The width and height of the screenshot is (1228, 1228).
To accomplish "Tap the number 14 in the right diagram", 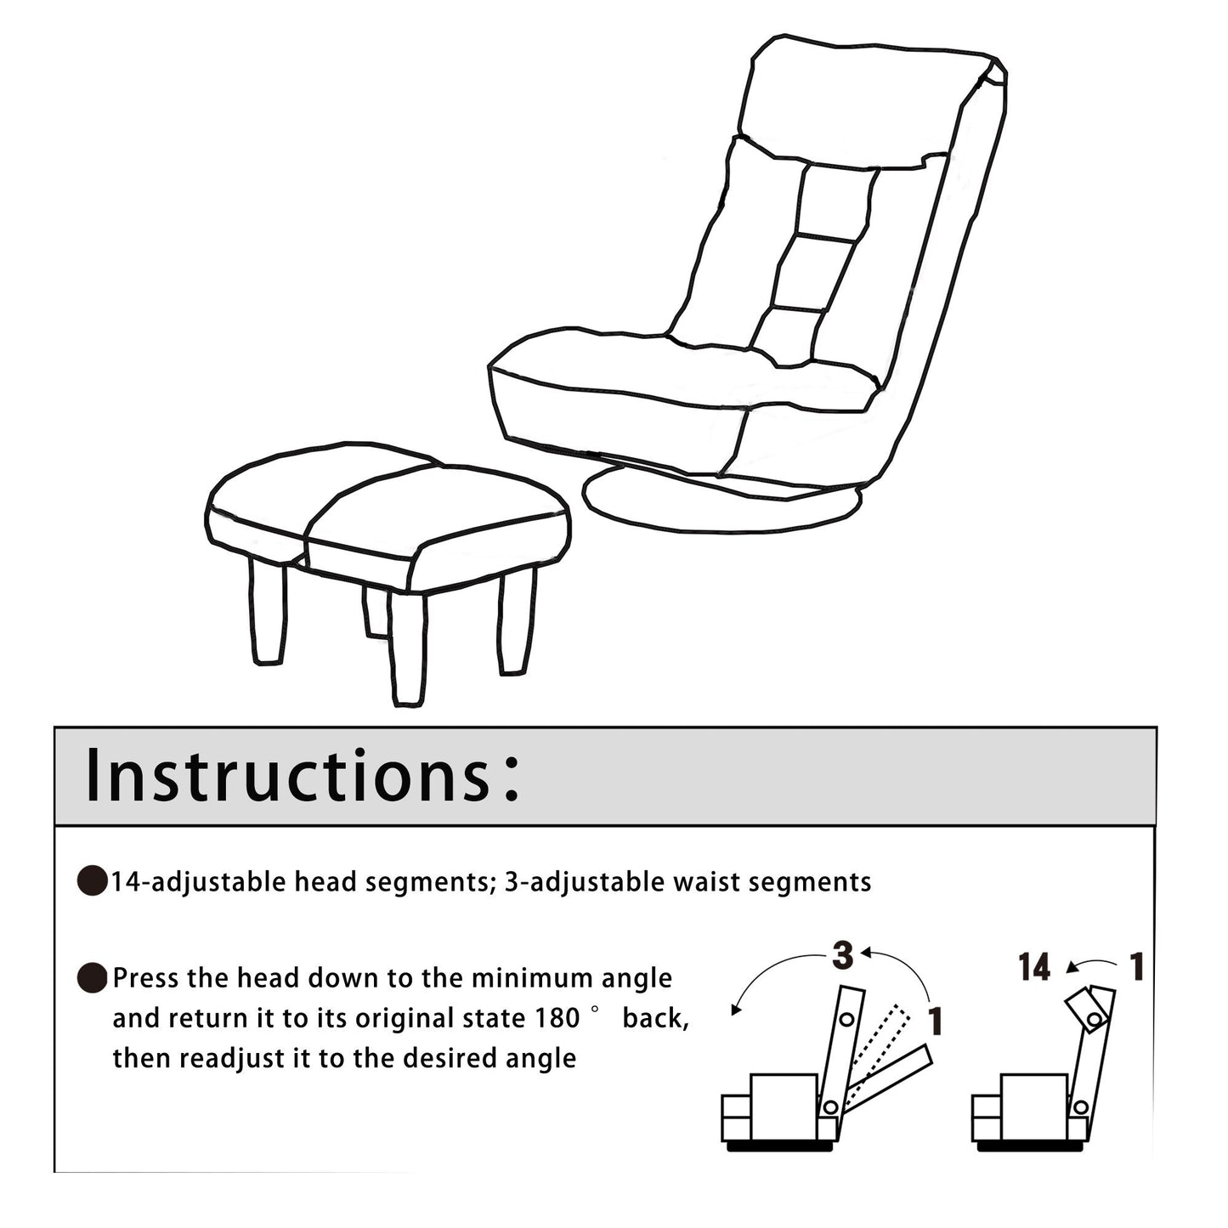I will [x=1034, y=967].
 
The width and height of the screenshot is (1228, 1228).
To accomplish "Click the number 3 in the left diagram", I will [x=842, y=955].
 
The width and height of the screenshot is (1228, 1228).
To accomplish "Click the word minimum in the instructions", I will [x=533, y=978].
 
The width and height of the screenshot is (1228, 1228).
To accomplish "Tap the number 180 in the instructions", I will [x=557, y=1018].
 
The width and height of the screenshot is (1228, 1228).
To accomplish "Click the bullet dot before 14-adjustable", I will [x=93, y=882].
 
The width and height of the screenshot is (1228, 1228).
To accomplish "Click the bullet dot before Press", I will [x=93, y=979].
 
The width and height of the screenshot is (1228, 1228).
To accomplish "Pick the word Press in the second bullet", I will [x=146, y=978].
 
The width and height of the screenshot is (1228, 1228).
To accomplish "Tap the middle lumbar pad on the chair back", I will [x=813, y=272].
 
